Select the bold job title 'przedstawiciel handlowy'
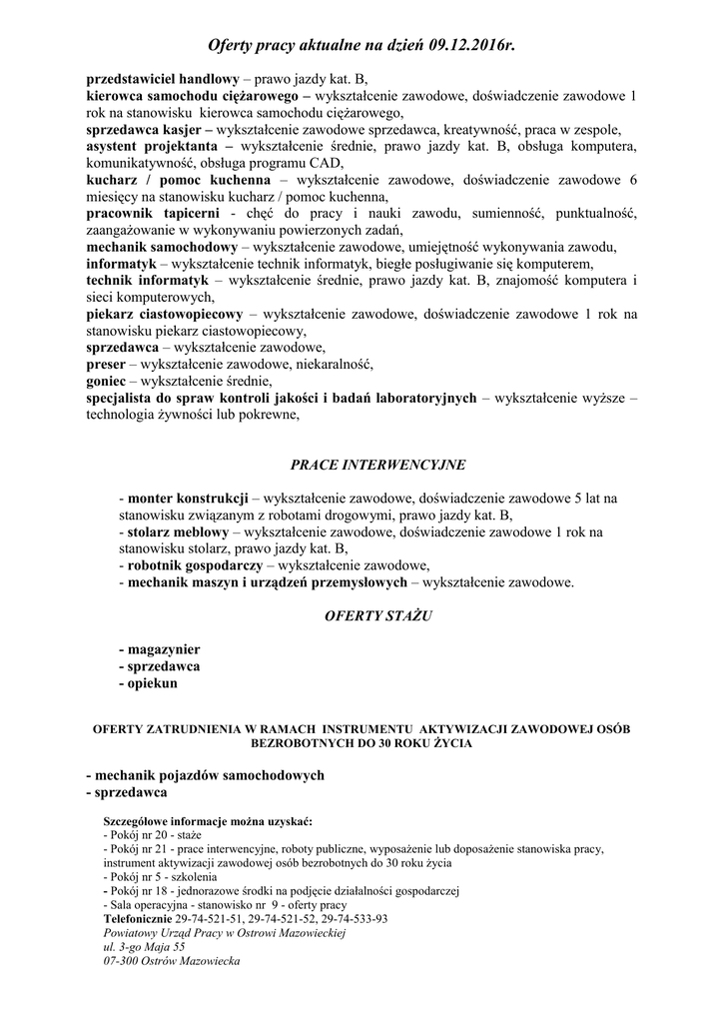(x=162, y=77)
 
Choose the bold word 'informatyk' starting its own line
(x=121, y=264)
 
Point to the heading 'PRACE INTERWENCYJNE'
(x=362, y=465)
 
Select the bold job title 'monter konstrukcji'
(x=188, y=498)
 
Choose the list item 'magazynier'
(x=163, y=648)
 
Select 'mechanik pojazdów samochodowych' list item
(x=209, y=775)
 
